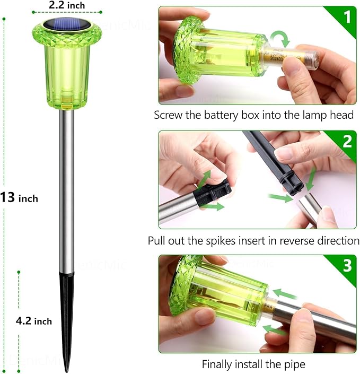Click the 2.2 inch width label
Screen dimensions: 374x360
point(67,5)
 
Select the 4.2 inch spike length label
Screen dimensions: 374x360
point(34,320)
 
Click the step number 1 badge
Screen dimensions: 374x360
point(347,17)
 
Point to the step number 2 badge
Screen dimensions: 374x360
point(347,141)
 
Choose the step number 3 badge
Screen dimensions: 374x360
point(347,265)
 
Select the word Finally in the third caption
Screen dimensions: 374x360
point(217,364)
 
